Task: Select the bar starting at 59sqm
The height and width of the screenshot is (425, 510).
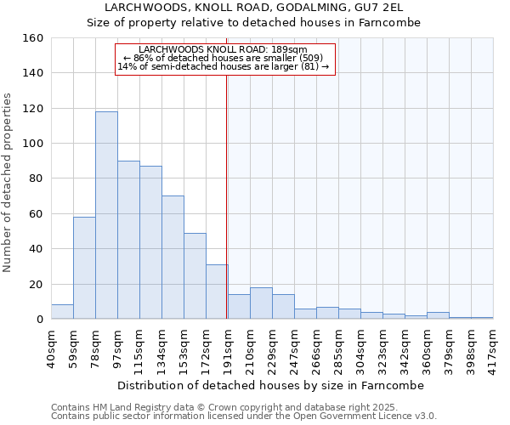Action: [84, 268]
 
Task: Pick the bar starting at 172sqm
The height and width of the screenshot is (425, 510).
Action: [217, 292]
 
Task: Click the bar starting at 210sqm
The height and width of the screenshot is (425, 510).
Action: [261, 303]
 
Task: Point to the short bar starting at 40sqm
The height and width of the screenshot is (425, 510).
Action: [62, 312]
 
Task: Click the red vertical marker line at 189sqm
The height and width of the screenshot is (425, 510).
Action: [226, 212]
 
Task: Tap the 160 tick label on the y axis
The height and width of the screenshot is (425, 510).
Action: [33, 38]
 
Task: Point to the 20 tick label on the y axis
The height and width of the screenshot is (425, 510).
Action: [37, 284]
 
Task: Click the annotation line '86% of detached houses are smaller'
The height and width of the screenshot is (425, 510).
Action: [224, 58]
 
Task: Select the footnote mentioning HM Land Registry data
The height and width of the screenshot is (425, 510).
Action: [244, 407]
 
